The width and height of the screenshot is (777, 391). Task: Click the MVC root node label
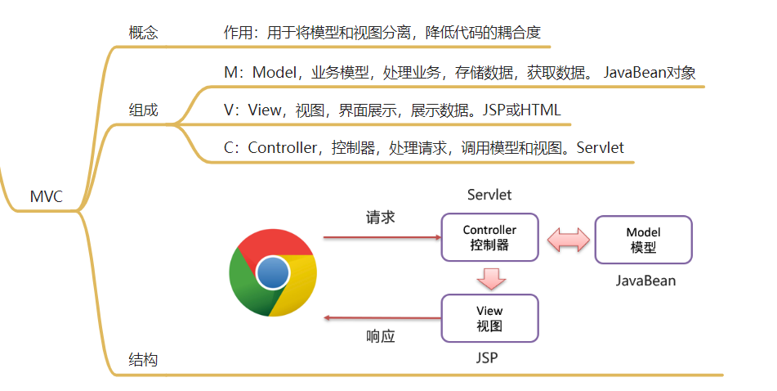click(x=47, y=196)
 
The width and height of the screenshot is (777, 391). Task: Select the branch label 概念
click(x=143, y=33)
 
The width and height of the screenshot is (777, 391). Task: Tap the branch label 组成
click(x=143, y=110)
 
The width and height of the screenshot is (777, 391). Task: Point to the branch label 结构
click(x=143, y=359)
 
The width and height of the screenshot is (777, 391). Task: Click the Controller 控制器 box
click(x=489, y=237)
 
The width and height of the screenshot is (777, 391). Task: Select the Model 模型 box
click(x=643, y=240)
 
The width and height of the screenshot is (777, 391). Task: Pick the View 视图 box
click(x=489, y=318)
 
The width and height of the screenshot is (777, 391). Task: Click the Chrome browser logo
click(x=273, y=272)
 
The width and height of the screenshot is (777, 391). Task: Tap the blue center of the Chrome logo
click(x=273, y=272)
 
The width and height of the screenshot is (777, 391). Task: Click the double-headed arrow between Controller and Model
click(x=569, y=240)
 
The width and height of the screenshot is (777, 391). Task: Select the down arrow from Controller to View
click(x=491, y=278)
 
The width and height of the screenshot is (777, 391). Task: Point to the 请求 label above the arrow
click(x=381, y=218)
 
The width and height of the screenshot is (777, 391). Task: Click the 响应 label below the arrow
click(x=381, y=336)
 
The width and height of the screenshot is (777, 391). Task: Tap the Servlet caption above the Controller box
click(x=489, y=195)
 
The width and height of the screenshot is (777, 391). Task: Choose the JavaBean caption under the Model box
click(x=645, y=281)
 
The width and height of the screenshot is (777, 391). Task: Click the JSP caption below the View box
click(x=487, y=357)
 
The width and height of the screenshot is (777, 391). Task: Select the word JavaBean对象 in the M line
click(x=650, y=73)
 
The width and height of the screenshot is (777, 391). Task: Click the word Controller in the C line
click(x=282, y=148)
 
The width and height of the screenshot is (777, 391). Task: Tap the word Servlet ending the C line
click(x=600, y=148)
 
